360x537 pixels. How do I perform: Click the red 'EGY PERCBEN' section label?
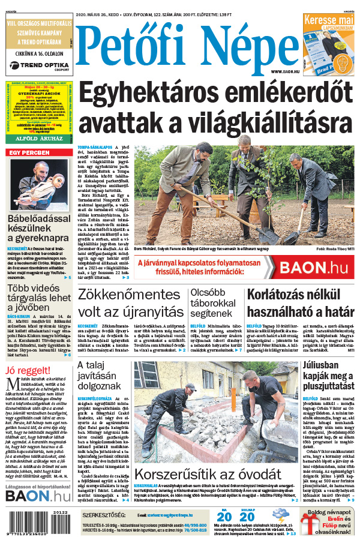[x=28, y=152]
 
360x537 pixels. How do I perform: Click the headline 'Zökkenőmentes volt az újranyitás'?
[x=130, y=303]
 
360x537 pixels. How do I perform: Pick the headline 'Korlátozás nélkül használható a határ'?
[x=299, y=303]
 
